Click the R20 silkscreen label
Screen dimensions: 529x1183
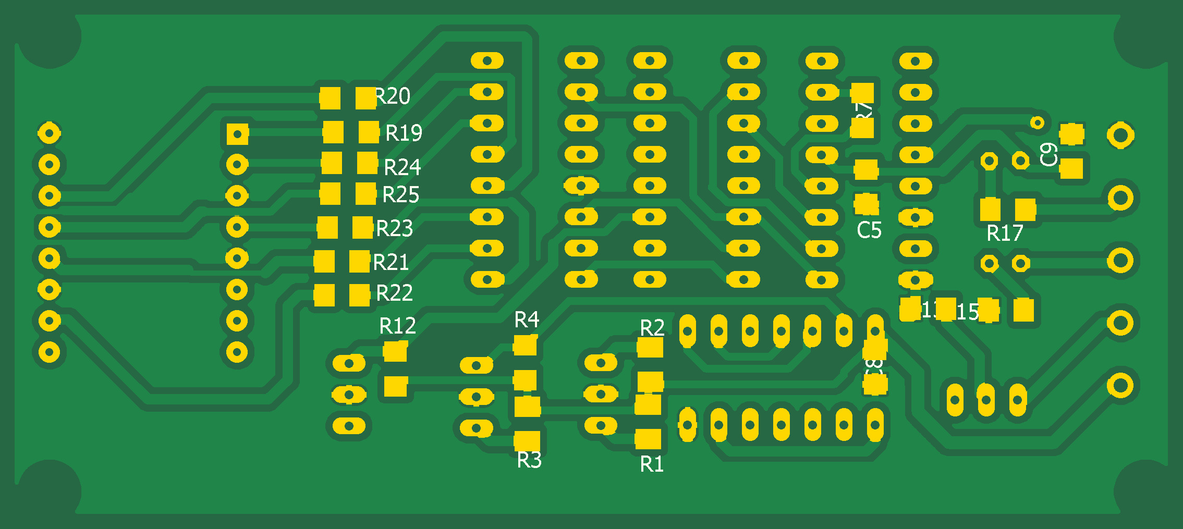[393, 96]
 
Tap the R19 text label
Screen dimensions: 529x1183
[404, 133]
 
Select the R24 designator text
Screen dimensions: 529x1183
[402, 167]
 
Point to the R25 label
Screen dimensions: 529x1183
[400, 194]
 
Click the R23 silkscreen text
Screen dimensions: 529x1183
[394, 228]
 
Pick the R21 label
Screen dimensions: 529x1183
[391, 262]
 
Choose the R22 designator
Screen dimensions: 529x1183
[394, 293]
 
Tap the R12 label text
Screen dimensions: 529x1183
[397, 326]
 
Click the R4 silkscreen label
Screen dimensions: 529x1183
[526, 319]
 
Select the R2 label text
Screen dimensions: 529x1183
[652, 327]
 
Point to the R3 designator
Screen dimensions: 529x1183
[529, 460]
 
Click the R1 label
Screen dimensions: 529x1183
[652, 464]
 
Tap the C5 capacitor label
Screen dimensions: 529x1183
[869, 230]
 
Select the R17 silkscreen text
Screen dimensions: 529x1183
[1005, 233]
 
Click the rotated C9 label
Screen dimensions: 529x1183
[1048, 154]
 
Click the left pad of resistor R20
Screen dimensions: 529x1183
[330, 97]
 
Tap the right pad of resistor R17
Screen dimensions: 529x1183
[1025, 210]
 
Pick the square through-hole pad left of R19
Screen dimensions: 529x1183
[237, 134]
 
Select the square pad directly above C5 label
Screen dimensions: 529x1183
[867, 203]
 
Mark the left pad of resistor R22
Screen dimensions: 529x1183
[324, 295]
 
